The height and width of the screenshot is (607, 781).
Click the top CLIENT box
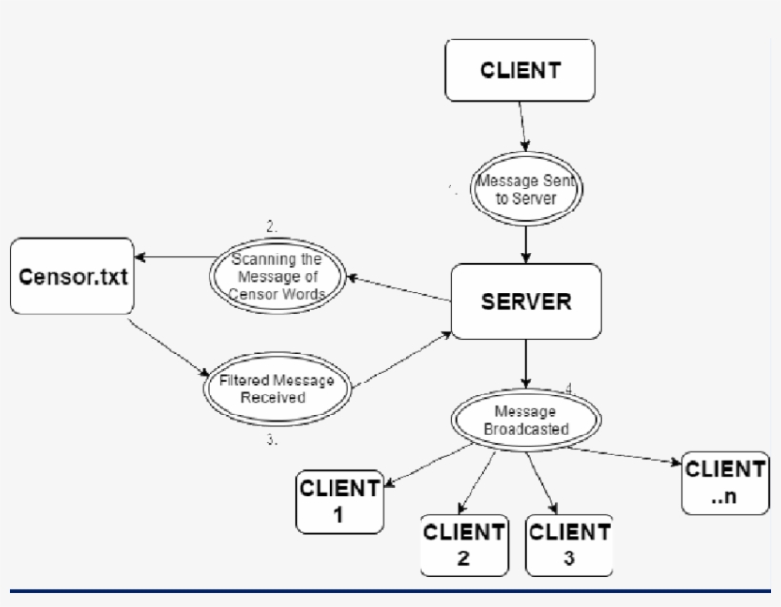(x=520, y=77)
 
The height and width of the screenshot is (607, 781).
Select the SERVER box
(x=526, y=302)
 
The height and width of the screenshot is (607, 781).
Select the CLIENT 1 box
(x=340, y=500)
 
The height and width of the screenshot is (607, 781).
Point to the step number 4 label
(x=569, y=389)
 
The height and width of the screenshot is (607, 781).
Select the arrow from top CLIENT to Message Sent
(x=521, y=132)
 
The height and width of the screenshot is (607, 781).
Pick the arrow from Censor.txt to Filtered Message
(x=168, y=346)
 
